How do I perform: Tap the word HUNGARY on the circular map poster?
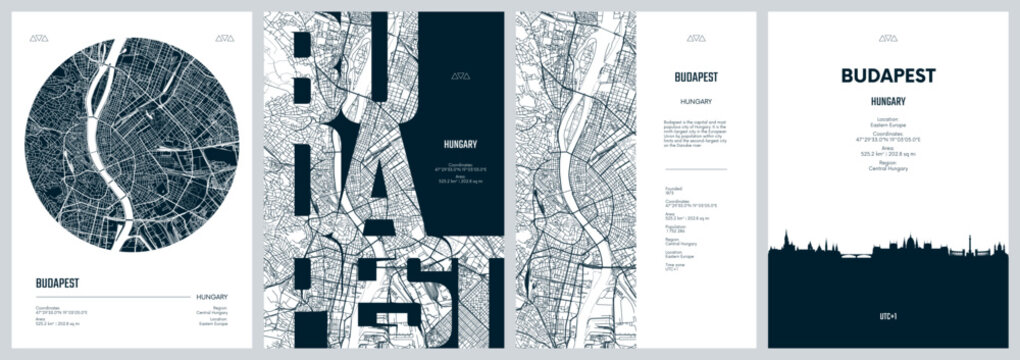(211, 297)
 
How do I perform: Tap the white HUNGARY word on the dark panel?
(461, 144)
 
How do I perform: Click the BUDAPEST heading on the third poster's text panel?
(696, 75)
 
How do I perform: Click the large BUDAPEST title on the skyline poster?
(888, 76)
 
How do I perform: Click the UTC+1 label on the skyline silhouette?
(888, 315)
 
